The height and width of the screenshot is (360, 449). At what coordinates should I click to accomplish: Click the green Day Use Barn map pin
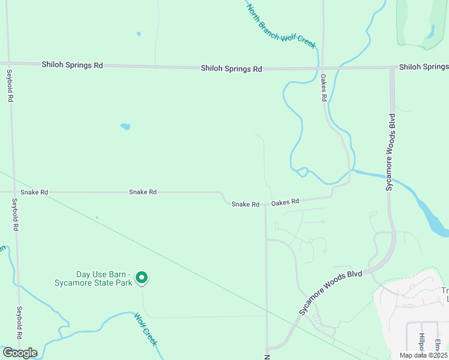click(x=142, y=277)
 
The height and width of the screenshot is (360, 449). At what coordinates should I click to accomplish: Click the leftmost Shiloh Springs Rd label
click(x=72, y=64)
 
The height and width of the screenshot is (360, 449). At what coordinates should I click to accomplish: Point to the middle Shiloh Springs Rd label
click(x=231, y=69)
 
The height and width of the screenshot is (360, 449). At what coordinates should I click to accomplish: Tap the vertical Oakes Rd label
click(x=323, y=88)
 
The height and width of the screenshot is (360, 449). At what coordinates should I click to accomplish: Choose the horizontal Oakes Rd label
click(x=285, y=203)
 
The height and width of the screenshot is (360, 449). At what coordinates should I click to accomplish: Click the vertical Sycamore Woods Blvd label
click(x=391, y=152)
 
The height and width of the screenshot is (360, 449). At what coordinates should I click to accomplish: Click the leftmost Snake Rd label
click(x=34, y=193)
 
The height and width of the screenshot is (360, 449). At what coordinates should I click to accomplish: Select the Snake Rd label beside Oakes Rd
click(x=246, y=205)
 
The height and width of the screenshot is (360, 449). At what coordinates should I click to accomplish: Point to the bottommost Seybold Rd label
click(x=20, y=323)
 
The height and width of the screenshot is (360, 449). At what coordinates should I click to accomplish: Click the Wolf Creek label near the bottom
click(x=145, y=329)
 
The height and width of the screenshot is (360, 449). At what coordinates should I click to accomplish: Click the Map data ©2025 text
click(x=423, y=355)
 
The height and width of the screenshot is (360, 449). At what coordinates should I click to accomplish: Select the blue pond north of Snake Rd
click(x=125, y=127)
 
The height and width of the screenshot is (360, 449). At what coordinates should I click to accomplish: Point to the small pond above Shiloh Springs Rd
click(x=139, y=34)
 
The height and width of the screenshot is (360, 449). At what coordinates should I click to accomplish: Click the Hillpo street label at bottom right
click(x=422, y=342)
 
